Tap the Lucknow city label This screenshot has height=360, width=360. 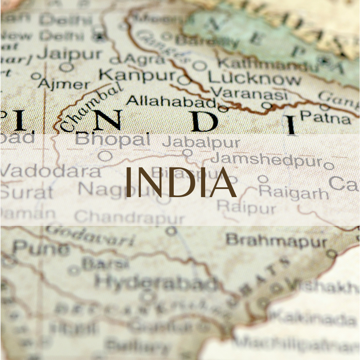click(x=254, y=78)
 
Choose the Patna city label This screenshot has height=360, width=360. click(x=325, y=118)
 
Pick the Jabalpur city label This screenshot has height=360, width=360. click(x=201, y=143)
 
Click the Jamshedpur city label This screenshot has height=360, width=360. click(x=266, y=160)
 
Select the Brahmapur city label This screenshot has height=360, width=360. click(x=276, y=241)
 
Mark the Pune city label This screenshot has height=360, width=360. click(x=40, y=247)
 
